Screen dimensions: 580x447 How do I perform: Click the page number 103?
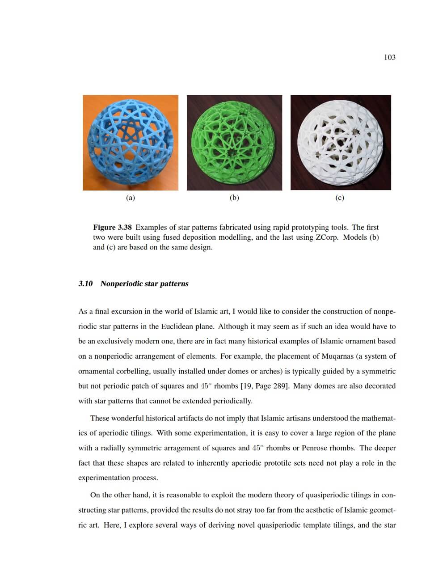389,57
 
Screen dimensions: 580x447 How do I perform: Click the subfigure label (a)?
130,198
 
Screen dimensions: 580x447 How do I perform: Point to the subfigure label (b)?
234,198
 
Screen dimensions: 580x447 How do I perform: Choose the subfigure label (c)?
339,198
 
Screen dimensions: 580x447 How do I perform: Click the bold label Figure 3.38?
112,227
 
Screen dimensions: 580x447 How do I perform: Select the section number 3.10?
85,284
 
